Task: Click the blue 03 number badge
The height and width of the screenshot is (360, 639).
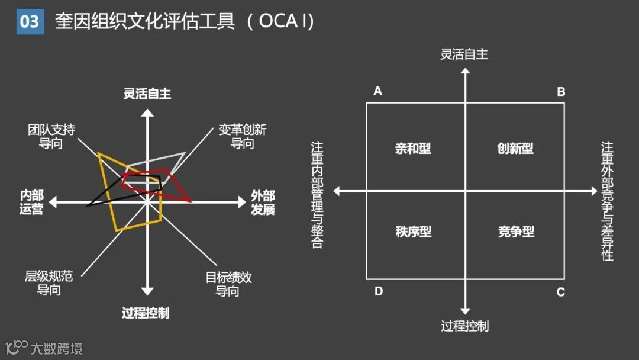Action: (x=30, y=22)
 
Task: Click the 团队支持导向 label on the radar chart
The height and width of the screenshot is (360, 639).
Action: (x=51, y=136)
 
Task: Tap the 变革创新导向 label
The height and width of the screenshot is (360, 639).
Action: (x=243, y=136)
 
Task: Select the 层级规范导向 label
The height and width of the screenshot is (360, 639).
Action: (x=49, y=283)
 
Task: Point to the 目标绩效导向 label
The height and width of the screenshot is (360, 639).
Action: (x=228, y=284)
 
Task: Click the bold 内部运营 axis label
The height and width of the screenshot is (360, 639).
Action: (x=31, y=202)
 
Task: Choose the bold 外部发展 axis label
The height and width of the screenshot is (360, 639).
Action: (x=263, y=202)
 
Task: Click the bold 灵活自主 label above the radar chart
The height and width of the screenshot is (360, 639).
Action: (x=147, y=94)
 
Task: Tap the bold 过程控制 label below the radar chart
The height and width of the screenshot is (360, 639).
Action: (x=146, y=313)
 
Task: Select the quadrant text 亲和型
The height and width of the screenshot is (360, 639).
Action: (x=413, y=149)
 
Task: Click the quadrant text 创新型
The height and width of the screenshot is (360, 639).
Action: (x=515, y=149)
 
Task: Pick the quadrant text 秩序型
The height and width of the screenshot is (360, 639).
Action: (x=413, y=232)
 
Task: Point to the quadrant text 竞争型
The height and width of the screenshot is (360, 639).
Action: (x=516, y=232)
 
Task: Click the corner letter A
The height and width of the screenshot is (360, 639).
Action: (x=378, y=91)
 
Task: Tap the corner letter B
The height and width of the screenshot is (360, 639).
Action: (x=561, y=92)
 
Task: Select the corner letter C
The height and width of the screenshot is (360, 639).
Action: (x=561, y=292)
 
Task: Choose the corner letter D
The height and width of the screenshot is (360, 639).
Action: (x=379, y=292)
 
